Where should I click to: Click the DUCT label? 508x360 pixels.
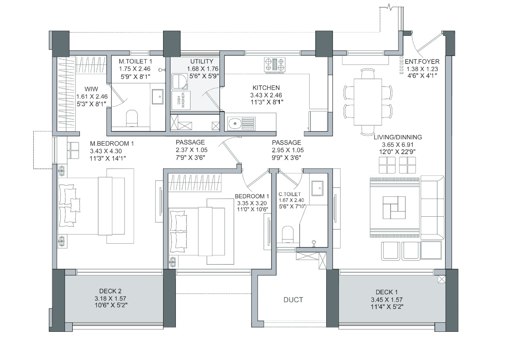click(x=293, y=300)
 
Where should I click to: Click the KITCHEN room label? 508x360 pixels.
click(x=266, y=88)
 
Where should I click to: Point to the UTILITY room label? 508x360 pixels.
click(x=202, y=62)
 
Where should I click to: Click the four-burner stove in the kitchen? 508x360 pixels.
click(x=275, y=65)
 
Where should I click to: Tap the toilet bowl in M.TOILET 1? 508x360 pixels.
click(x=131, y=118)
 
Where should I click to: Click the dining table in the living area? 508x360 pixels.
click(x=369, y=102)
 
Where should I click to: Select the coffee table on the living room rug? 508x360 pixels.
click(x=394, y=207)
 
